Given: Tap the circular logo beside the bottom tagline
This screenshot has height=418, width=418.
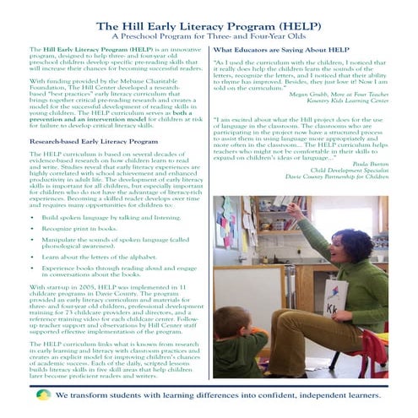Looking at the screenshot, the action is point(43,394).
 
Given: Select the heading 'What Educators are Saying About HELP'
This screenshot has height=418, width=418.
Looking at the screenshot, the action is point(281,51).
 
